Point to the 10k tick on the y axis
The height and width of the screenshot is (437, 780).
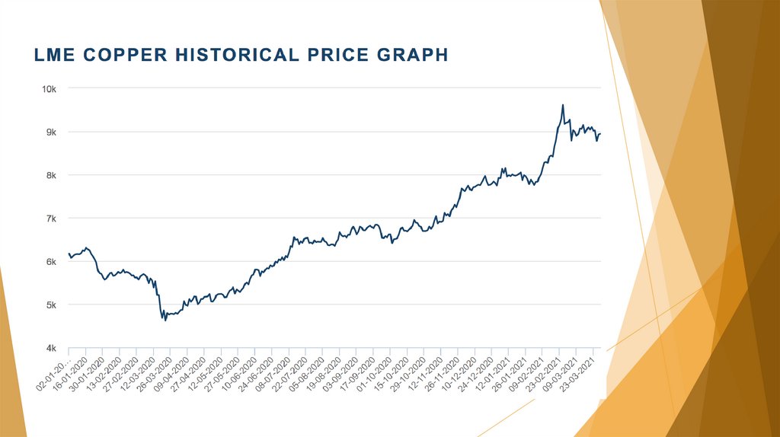(x=50, y=89)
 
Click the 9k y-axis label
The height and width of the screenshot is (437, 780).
(x=51, y=132)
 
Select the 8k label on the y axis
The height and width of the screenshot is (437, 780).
(x=51, y=175)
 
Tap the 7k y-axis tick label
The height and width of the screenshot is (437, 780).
(x=51, y=218)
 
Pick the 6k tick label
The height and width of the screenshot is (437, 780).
(x=51, y=262)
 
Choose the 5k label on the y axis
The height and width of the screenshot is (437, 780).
(x=51, y=305)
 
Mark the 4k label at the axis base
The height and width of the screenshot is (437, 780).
(x=51, y=348)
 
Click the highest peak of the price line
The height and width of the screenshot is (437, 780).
(x=562, y=105)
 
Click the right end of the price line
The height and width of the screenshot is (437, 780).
(x=600, y=134)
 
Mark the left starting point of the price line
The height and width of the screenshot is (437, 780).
(x=69, y=254)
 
